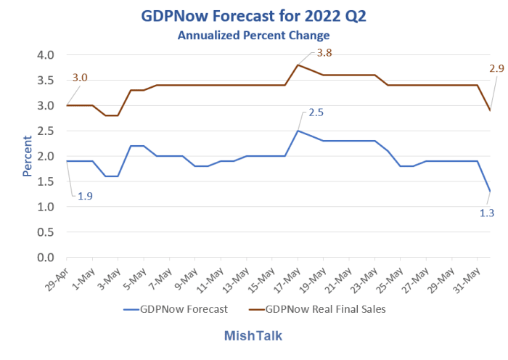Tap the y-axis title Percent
click(x=28, y=156)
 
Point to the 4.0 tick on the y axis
click(x=46, y=55)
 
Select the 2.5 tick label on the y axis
click(x=46, y=131)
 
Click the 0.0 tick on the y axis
click(x=46, y=258)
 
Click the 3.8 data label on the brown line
click(x=324, y=53)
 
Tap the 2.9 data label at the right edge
click(x=496, y=69)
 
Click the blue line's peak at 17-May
click(x=298, y=131)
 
